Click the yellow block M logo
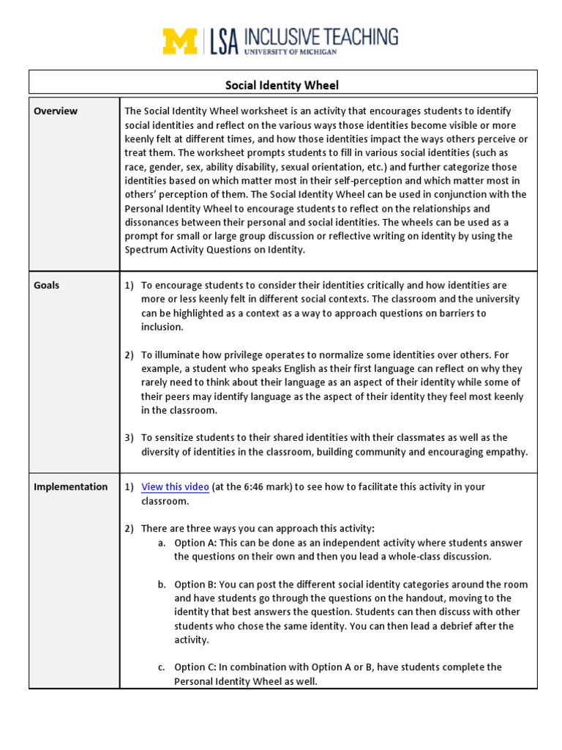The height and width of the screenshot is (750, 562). (x=180, y=41)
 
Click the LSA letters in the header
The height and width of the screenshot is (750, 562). (x=225, y=42)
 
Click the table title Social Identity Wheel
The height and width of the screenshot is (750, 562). (x=282, y=86)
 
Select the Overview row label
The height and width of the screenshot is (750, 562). (x=56, y=111)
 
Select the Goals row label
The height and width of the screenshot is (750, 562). (x=47, y=285)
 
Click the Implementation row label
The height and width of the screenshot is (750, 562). (x=70, y=487)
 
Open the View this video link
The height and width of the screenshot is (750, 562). (x=175, y=487)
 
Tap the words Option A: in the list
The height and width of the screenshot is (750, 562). (x=195, y=543)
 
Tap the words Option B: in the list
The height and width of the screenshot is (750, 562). (x=195, y=584)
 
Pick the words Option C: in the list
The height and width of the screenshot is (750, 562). (x=195, y=667)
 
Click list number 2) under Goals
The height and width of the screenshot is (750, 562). (x=129, y=355)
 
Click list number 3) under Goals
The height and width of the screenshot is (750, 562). (x=129, y=438)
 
